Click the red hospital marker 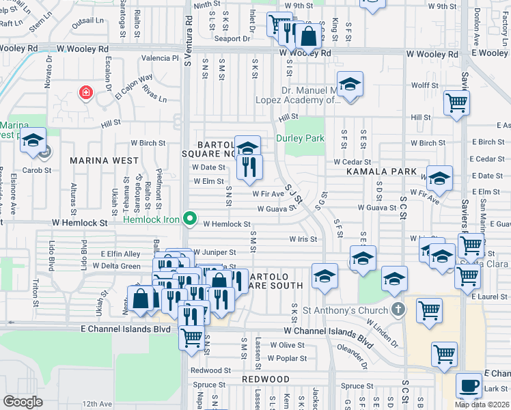tap(85, 92)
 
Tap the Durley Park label tap(299, 137)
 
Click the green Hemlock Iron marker tap(191, 220)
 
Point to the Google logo tap(23, 402)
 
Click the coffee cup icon tap(469, 385)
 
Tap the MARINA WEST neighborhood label tap(100, 160)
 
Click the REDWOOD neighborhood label tap(266, 379)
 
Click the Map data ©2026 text tap(482, 404)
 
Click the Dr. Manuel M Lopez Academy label tap(312, 95)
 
